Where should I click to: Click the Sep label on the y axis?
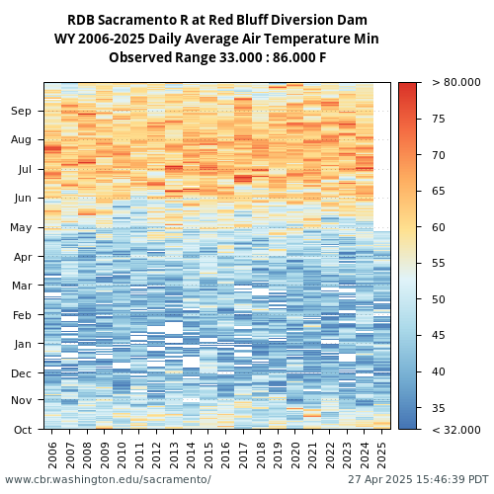21,111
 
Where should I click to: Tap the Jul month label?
25,169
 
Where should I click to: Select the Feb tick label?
22,315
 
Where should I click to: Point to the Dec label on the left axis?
22,373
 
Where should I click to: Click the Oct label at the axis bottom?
23,430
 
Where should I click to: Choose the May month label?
21,227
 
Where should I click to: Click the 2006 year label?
52,455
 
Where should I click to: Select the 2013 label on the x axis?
174,455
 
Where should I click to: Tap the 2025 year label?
381,455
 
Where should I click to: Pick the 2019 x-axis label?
278,455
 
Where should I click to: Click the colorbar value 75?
439,119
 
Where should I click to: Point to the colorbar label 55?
439,263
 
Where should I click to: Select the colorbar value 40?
439,371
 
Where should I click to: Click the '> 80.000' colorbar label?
456,82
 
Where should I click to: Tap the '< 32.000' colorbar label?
456,430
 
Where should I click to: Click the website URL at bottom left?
108,479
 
